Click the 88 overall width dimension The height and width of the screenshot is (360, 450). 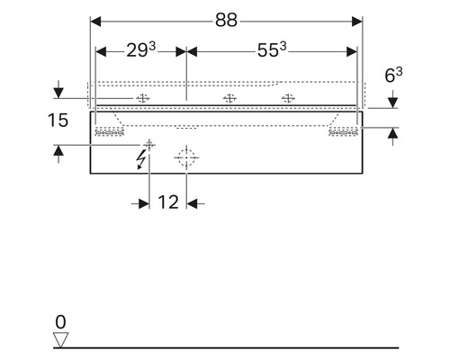(x=226, y=21)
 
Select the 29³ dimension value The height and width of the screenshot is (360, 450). (x=141, y=49)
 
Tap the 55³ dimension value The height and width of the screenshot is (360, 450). (x=272, y=49)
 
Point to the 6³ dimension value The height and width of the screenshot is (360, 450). (x=393, y=75)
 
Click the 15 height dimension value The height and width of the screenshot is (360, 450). (x=58, y=121)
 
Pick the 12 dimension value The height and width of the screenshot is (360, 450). (x=168, y=202)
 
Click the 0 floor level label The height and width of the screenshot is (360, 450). (x=60, y=322)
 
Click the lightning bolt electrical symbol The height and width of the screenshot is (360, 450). (x=140, y=159)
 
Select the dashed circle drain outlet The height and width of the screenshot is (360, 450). (x=186, y=157)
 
